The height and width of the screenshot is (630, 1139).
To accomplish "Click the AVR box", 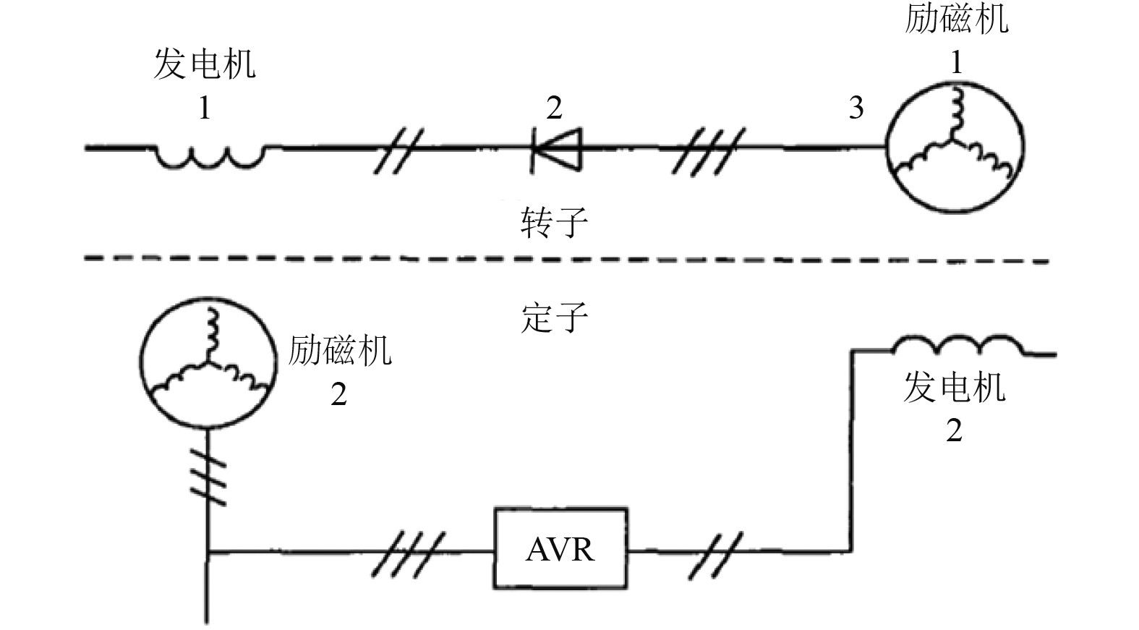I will [x=560, y=548].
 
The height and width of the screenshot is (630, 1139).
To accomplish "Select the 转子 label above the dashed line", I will [x=554, y=222].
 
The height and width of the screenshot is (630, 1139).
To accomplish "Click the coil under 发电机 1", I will [x=208, y=156].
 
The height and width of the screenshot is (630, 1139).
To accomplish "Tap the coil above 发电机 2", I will [x=958, y=345].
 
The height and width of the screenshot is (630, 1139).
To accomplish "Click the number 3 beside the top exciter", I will [x=856, y=108].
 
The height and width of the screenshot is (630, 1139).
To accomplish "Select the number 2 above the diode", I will [x=554, y=108].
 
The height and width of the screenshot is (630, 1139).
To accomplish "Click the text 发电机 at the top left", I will [x=205, y=64].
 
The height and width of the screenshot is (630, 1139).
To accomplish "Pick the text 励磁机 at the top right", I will [x=956, y=18].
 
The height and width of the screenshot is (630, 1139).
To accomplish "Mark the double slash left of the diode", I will [x=398, y=150].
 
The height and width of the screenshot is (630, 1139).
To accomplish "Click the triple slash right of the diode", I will [x=707, y=150].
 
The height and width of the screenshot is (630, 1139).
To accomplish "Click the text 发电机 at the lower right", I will [x=955, y=388].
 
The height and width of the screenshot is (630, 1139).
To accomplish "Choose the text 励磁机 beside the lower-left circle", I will [x=340, y=351].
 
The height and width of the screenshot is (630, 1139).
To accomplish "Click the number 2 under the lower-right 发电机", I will [x=954, y=431].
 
